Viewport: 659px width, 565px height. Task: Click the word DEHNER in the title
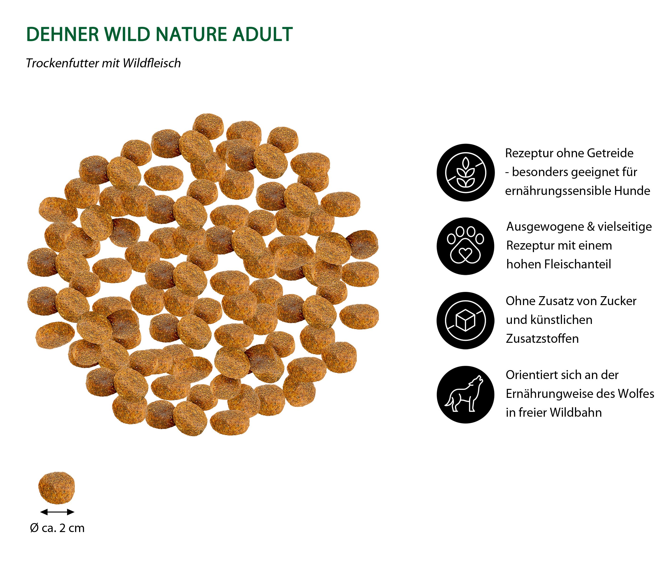(x=63, y=34)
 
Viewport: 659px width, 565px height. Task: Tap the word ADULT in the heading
(x=262, y=34)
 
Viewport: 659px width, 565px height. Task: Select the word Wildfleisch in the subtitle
(x=152, y=63)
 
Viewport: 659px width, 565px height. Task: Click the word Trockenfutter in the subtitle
(x=62, y=63)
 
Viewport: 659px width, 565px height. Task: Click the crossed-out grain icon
(x=465, y=172)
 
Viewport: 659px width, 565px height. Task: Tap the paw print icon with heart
(x=465, y=246)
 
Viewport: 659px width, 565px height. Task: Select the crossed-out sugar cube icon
(x=465, y=320)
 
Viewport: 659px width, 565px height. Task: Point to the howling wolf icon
(x=465, y=395)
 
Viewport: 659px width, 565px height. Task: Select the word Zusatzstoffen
(x=542, y=339)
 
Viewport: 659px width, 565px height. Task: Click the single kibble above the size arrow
(x=57, y=488)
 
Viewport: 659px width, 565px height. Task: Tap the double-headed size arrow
(x=57, y=512)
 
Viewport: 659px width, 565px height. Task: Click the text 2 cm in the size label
(x=72, y=528)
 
